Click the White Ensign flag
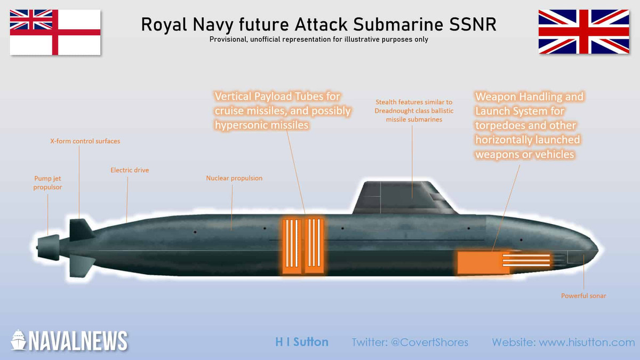(x=55, y=33)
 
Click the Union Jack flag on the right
(x=583, y=31)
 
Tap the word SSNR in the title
(x=473, y=25)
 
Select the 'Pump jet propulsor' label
(x=47, y=182)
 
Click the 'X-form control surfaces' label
(x=85, y=141)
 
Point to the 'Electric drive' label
(x=130, y=170)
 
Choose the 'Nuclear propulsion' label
(x=234, y=178)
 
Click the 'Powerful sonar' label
(x=583, y=295)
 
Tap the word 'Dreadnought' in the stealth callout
(x=391, y=111)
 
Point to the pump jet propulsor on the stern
(x=48, y=247)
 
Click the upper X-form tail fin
(x=81, y=229)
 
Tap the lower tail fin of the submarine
(x=82, y=266)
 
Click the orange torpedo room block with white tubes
(x=504, y=262)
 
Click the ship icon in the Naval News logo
(x=19, y=340)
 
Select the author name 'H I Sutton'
(x=302, y=342)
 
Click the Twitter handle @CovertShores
(x=429, y=342)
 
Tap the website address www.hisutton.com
(x=586, y=342)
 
